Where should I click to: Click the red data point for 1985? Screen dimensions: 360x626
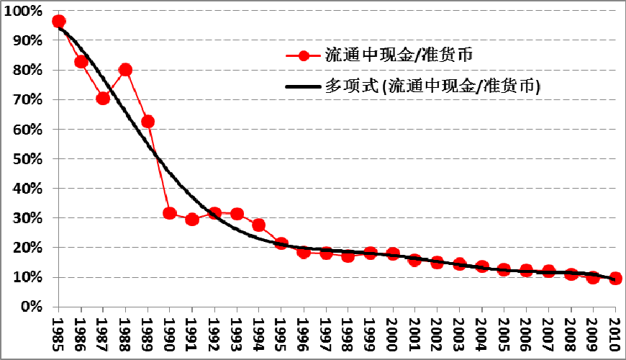click(x=59, y=22)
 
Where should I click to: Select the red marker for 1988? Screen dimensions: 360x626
click(x=125, y=70)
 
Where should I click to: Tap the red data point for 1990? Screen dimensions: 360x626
click(x=170, y=213)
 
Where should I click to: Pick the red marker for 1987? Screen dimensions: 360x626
click(x=103, y=99)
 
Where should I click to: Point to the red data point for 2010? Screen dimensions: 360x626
click(x=615, y=278)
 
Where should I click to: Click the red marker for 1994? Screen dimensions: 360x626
click(x=259, y=225)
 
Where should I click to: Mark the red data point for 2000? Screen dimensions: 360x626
click(x=393, y=254)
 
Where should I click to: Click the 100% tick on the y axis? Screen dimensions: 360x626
click(x=27, y=12)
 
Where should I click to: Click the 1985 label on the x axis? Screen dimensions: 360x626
click(x=59, y=332)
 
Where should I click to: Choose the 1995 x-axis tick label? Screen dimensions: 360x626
click(x=281, y=332)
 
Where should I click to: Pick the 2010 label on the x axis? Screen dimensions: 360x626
click(x=615, y=332)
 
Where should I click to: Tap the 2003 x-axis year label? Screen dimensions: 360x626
click(x=460, y=332)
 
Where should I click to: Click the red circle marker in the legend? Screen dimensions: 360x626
click(x=304, y=55)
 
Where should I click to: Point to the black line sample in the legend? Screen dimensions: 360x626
click(x=304, y=86)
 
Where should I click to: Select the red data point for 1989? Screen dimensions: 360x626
click(x=148, y=122)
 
